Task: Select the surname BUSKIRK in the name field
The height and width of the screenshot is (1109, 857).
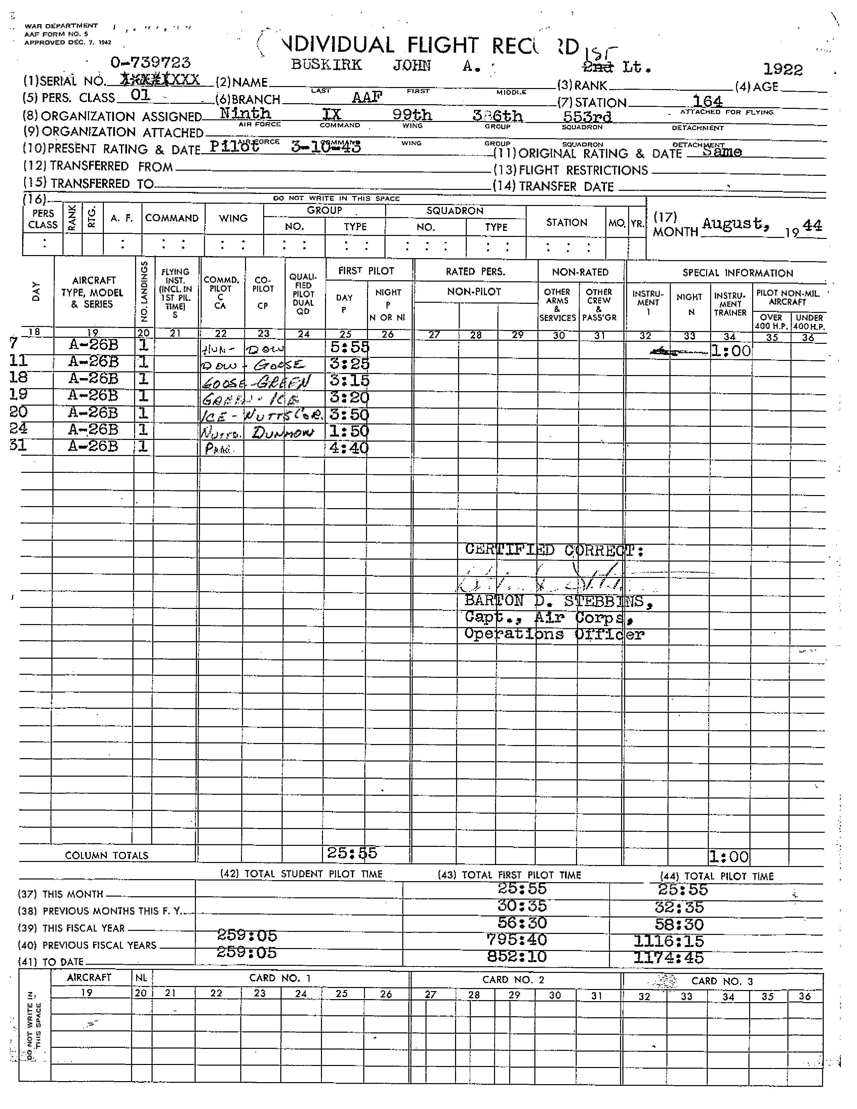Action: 326,65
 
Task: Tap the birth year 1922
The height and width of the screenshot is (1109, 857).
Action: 783,70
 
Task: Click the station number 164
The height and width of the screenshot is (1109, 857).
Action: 707,101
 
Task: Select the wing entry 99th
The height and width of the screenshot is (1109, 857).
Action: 412,114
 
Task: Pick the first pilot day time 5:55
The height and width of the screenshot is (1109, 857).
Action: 349,347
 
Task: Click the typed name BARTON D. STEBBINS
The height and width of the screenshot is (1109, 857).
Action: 558,601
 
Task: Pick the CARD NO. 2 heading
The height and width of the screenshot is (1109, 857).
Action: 513,980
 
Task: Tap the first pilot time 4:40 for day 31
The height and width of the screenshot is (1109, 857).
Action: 349,448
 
